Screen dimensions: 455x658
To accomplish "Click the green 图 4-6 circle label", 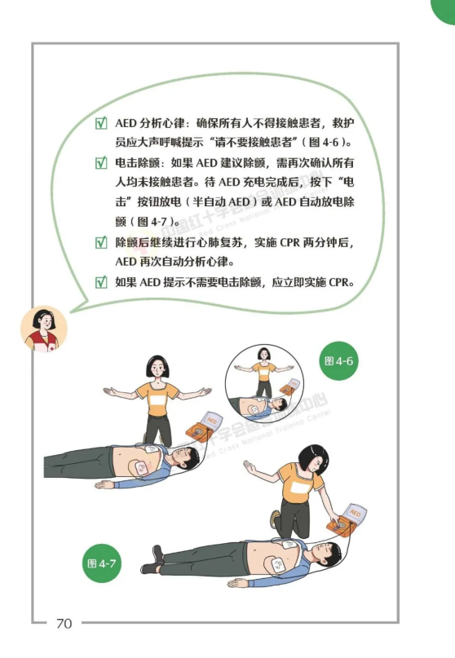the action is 338,361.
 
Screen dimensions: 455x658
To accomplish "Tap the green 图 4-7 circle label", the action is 102,563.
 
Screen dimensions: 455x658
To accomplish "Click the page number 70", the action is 64,624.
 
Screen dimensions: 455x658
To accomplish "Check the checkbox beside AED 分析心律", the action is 101,123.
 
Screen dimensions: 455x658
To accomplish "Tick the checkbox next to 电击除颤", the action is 101,162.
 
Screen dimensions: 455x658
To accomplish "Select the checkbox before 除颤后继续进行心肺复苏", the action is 101,242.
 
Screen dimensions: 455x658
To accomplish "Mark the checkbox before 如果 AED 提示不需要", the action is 101,281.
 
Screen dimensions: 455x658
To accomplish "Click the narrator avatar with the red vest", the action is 44,329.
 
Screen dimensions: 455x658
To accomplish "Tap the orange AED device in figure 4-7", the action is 347,520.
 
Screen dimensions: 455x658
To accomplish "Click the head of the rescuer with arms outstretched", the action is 157,367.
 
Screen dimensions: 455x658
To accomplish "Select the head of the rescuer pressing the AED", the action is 313,460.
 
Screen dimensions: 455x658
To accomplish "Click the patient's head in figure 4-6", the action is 186,458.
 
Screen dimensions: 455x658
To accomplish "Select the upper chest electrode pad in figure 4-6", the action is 151,448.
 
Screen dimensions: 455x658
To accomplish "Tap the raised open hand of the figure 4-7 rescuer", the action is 250,466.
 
